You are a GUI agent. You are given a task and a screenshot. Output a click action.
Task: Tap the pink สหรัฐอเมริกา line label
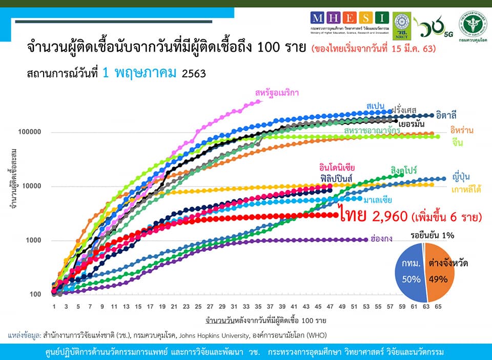coord(277,93)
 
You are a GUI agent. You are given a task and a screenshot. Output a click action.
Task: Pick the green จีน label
coord(458,143)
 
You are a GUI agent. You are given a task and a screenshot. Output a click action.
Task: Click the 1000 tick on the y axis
coord(35,240)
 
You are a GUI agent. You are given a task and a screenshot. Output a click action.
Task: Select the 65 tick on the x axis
coord(438,306)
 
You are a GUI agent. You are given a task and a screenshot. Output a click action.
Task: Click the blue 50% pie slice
coord(412,274)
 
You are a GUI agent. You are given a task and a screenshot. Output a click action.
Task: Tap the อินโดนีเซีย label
coord(337,167)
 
